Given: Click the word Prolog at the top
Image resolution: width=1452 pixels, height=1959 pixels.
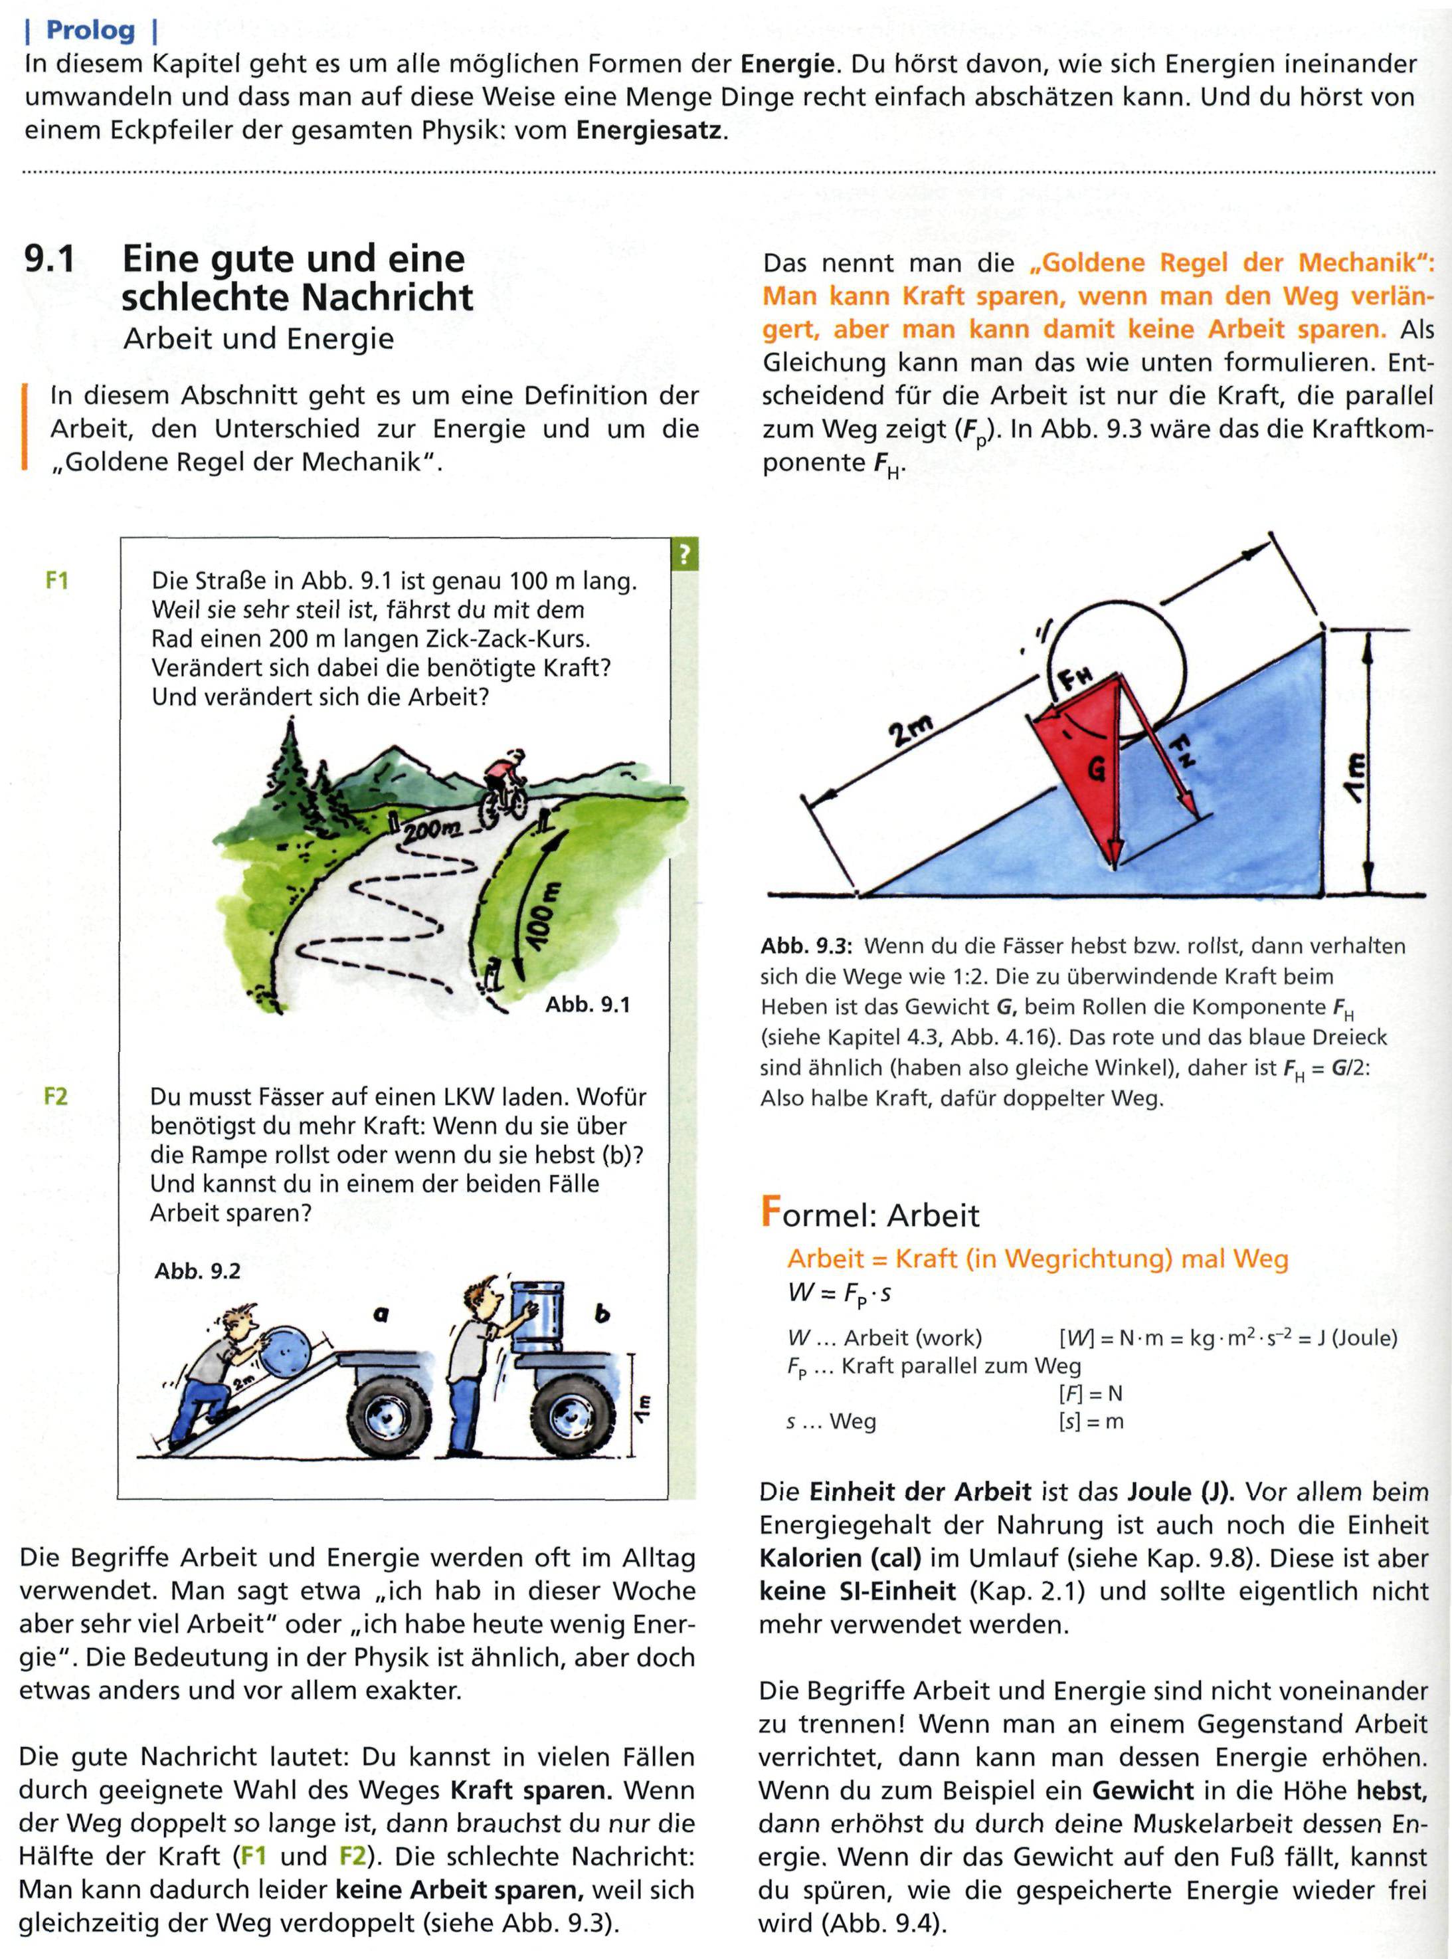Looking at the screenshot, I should point(90,31).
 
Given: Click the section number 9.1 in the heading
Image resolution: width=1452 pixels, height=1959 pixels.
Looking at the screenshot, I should point(50,259).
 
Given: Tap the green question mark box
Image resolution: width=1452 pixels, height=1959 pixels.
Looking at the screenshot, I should point(683,555).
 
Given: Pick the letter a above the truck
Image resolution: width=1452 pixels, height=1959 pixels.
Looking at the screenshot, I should point(381,1315).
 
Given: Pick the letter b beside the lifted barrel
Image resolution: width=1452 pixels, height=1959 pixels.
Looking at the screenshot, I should point(602,1314).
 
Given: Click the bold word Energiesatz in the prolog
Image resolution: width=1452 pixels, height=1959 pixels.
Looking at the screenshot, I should point(650,132).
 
